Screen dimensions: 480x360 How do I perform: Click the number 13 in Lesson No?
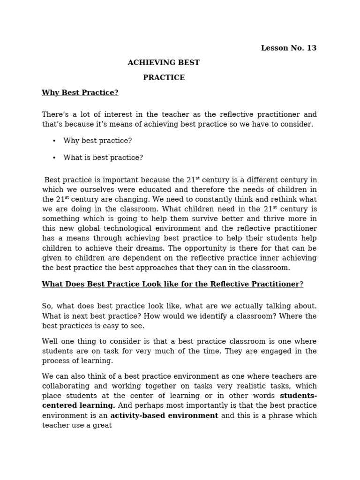(x=311, y=48)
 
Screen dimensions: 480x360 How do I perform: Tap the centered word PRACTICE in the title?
(x=164, y=78)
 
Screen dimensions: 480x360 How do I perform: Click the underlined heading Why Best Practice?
(x=80, y=93)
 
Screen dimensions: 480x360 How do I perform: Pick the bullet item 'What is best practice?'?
(x=103, y=158)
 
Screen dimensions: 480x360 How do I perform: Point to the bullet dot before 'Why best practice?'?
(x=54, y=141)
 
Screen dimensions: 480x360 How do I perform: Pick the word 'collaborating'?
(x=64, y=386)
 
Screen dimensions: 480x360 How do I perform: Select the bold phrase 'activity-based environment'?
(x=164, y=416)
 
